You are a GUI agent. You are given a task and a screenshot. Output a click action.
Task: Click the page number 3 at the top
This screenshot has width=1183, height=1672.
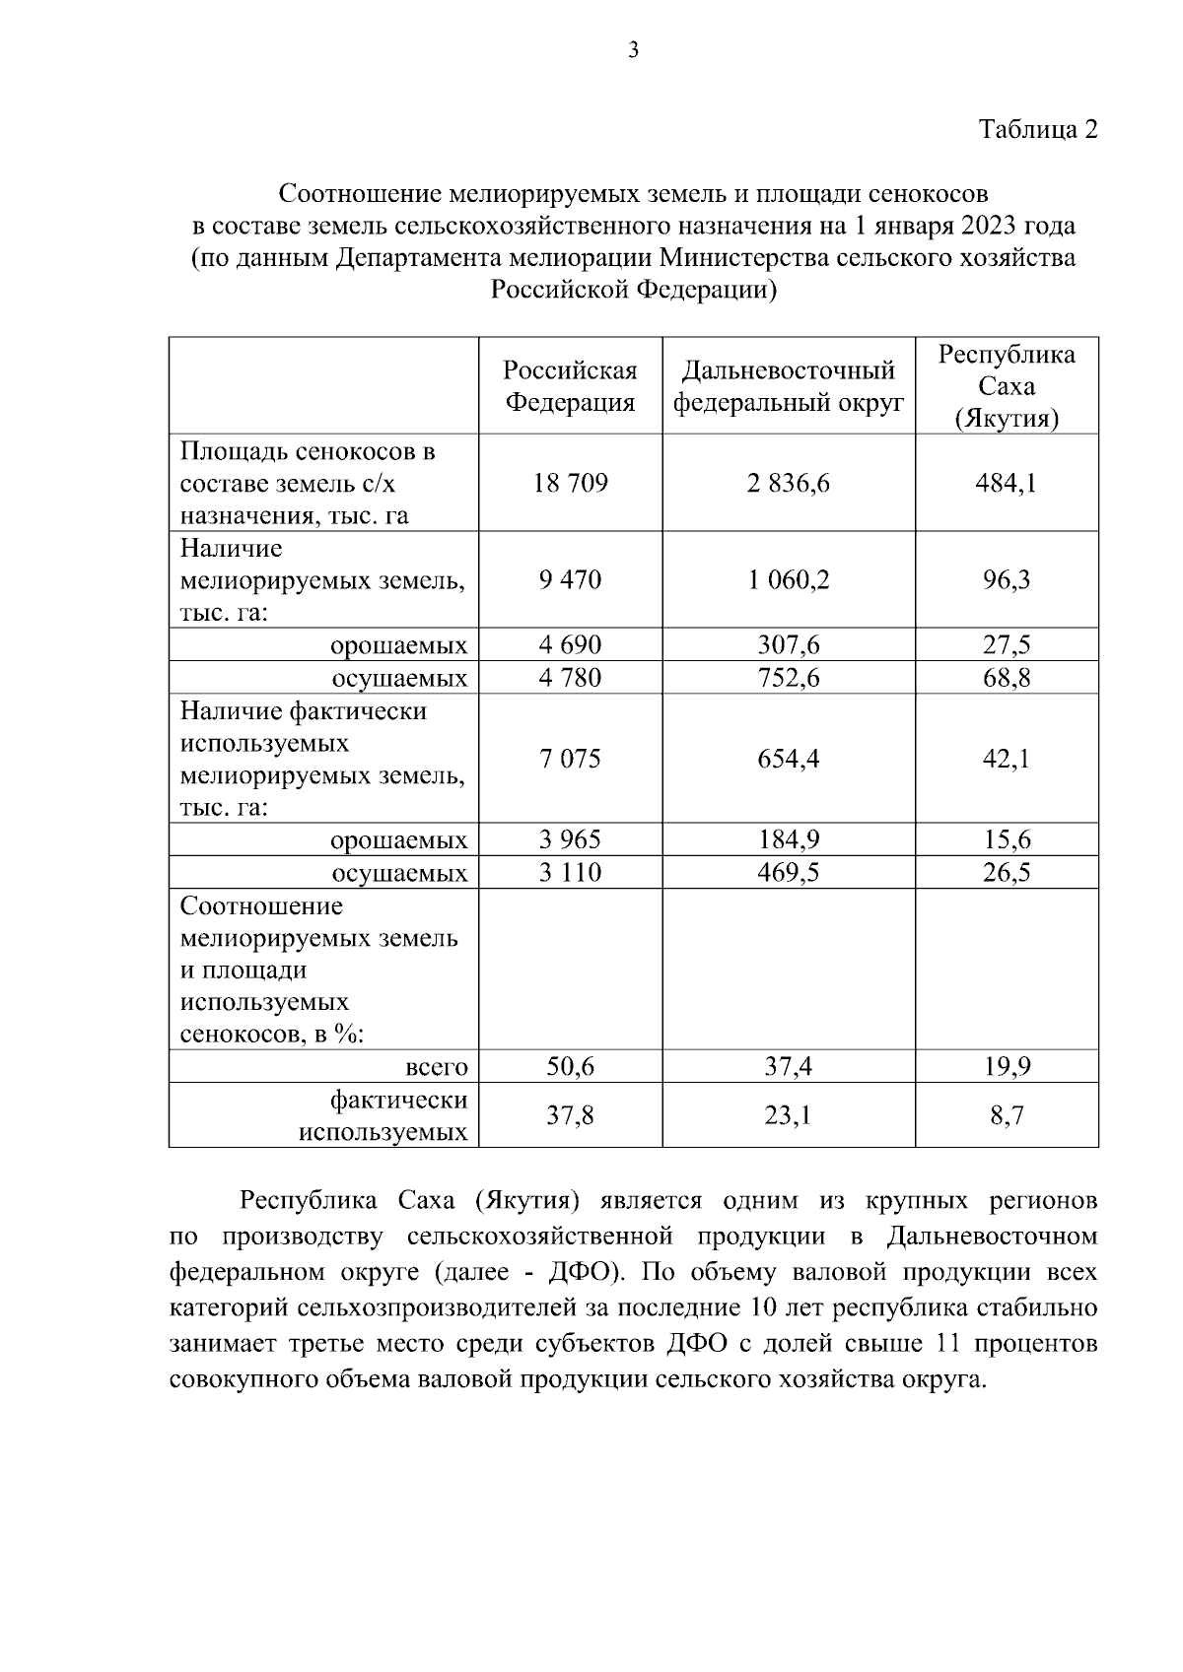(x=633, y=50)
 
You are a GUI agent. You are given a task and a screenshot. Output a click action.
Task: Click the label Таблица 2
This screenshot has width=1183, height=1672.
(x=1037, y=130)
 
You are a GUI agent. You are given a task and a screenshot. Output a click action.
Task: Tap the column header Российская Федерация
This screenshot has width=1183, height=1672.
(x=570, y=386)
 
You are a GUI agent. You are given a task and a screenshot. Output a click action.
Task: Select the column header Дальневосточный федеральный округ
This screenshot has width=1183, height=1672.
(x=788, y=386)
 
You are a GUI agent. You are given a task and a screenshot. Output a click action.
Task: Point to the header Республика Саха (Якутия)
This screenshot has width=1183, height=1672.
(x=1006, y=386)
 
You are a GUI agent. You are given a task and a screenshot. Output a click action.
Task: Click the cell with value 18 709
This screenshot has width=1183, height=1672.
(x=570, y=484)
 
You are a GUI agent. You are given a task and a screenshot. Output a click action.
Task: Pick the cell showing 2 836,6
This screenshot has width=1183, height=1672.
(x=788, y=484)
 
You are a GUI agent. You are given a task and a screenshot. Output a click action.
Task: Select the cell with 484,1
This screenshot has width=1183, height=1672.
(x=1006, y=484)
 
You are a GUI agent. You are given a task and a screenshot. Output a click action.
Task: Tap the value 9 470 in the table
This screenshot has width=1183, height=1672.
(x=570, y=580)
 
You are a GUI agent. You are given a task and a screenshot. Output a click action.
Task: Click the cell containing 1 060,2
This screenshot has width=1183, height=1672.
(x=788, y=580)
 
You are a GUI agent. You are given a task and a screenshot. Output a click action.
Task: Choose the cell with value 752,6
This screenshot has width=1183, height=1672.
(x=788, y=678)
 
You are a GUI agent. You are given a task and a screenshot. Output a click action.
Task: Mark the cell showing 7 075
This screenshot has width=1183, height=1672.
(x=570, y=759)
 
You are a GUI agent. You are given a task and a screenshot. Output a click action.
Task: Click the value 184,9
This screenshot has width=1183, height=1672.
(x=788, y=840)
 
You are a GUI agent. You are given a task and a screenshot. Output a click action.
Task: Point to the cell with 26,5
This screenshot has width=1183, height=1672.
(x=1006, y=873)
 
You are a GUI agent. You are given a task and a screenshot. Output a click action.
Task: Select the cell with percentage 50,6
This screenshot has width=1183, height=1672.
(x=570, y=1067)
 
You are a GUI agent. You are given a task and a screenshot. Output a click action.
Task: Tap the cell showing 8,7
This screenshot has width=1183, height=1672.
(x=1006, y=1115)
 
